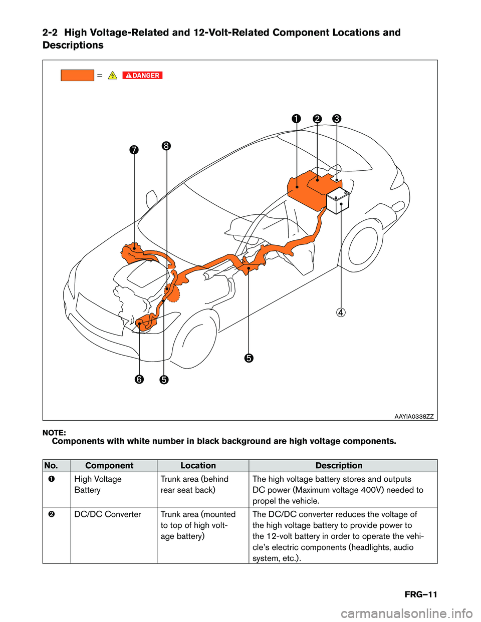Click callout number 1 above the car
(x=297, y=119)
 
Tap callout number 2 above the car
(x=317, y=119)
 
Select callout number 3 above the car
(x=337, y=119)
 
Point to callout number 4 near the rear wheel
(x=341, y=313)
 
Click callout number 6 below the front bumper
(x=139, y=379)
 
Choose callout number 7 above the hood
(x=134, y=150)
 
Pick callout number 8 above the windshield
(x=166, y=146)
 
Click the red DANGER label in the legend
(x=142, y=76)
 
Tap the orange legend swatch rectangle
(x=77, y=76)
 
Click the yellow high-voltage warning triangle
(x=113, y=76)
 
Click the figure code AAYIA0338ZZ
(x=414, y=416)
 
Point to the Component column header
(x=109, y=466)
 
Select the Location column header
(x=198, y=466)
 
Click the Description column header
(x=339, y=466)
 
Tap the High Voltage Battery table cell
(x=98, y=485)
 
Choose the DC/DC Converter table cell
(x=108, y=514)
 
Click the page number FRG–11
(x=421, y=594)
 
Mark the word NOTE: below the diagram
(x=54, y=433)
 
